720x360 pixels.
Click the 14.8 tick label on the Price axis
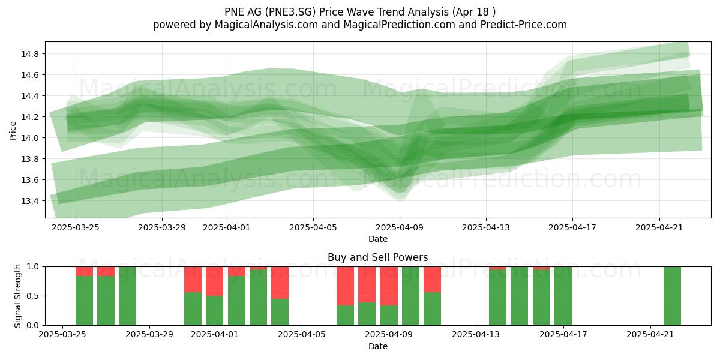tap(30, 54)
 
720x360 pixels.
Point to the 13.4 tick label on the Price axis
tap(30, 201)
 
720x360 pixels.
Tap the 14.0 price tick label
tap(30, 138)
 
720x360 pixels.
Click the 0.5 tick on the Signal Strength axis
tap(32, 296)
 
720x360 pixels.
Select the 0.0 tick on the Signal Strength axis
tap(32, 326)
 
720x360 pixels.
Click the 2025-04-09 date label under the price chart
tap(400, 227)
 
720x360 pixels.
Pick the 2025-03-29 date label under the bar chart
tap(149, 335)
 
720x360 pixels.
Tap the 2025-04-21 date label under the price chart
tap(659, 227)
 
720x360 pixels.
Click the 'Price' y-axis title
tap(13, 131)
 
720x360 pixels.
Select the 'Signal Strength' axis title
tap(17, 296)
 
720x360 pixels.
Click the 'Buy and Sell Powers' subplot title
tap(377, 257)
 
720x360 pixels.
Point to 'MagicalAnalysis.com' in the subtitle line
tap(266, 25)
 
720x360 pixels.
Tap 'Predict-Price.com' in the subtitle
tap(524, 25)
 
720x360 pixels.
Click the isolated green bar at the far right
tap(672, 296)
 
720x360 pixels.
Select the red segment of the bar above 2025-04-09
tap(389, 286)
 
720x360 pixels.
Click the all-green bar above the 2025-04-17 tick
tap(563, 296)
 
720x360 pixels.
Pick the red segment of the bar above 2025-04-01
tap(214, 281)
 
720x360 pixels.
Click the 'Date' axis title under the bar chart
tap(377, 346)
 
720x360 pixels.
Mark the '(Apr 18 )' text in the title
tap(473, 12)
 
